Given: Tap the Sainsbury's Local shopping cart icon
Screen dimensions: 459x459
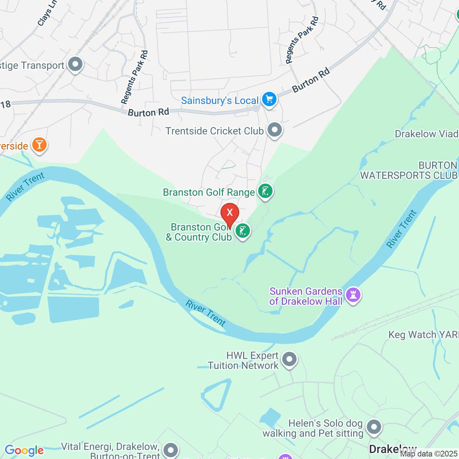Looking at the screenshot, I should (x=269, y=99).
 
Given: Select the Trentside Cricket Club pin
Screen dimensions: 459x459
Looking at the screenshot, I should (x=275, y=129).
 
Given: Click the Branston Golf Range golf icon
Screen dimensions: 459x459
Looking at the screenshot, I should (x=265, y=191).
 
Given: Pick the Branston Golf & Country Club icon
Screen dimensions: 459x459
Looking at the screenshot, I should (x=243, y=231).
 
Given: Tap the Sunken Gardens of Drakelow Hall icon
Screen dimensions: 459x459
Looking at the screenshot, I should (x=353, y=295).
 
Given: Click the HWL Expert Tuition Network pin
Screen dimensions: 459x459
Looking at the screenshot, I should (x=289, y=359).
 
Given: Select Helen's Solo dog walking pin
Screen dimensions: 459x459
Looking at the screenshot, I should (x=374, y=427).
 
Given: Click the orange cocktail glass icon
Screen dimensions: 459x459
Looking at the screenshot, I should (x=39, y=145).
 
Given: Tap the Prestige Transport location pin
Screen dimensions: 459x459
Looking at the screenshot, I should (x=75, y=65).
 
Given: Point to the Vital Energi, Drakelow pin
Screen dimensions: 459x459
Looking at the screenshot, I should (x=170, y=450).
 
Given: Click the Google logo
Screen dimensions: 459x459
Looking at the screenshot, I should (x=24, y=450).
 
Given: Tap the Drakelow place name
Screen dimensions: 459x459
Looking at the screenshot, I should (x=393, y=449).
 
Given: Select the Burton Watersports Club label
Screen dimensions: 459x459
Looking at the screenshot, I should (x=409, y=170).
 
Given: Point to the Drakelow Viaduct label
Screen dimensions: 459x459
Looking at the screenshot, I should (x=426, y=134).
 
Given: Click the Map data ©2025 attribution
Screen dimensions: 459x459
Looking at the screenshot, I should (x=429, y=454).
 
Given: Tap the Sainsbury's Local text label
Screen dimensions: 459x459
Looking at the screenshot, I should (x=219, y=101).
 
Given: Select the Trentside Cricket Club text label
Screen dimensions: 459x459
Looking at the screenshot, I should (x=214, y=131).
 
